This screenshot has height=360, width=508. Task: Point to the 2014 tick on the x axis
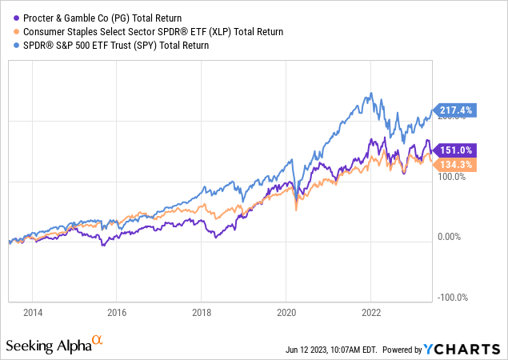(32, 312)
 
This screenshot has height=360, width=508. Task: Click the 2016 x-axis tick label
(117, 312)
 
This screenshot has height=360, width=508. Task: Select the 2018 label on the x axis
(202, 312)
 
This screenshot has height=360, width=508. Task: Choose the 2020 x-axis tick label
(286, 312)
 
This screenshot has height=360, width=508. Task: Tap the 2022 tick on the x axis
(371, 312)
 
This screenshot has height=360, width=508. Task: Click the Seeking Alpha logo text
(53, 345)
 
